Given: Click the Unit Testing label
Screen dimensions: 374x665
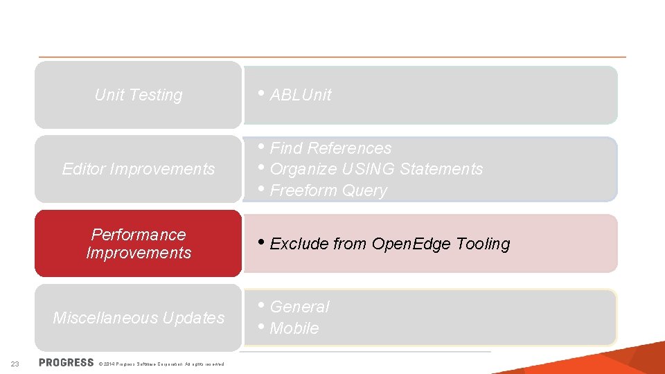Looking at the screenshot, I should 139,95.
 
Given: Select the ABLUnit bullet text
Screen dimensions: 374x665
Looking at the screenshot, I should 301,95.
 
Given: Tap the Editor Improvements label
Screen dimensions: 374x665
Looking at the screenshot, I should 139,169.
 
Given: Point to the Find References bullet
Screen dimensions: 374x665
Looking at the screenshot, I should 330,148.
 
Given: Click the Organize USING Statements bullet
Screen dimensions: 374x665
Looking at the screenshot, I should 376,169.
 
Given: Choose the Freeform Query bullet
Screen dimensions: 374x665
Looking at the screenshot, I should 328,190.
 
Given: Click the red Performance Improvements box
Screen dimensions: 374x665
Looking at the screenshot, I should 139,244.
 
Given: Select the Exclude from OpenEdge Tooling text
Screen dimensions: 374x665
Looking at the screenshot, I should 389,244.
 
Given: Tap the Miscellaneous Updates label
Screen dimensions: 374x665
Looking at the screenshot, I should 139,318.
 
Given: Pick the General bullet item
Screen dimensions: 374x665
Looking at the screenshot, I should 299,307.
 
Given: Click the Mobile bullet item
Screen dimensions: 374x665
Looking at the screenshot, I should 294,328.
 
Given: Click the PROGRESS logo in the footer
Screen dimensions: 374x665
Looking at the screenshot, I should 66,363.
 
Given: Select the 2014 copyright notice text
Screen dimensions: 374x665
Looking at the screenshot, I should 161,364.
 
